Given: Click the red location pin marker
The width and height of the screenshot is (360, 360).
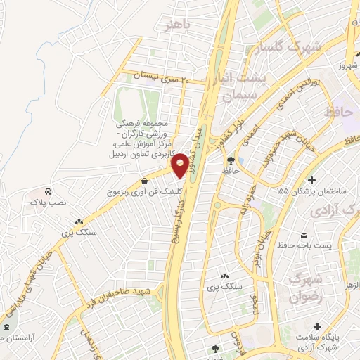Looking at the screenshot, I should pyautogui.click(x=181, y=165).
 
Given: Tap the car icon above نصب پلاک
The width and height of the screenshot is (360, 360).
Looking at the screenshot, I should pyautogui.click(x=48, y=191).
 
